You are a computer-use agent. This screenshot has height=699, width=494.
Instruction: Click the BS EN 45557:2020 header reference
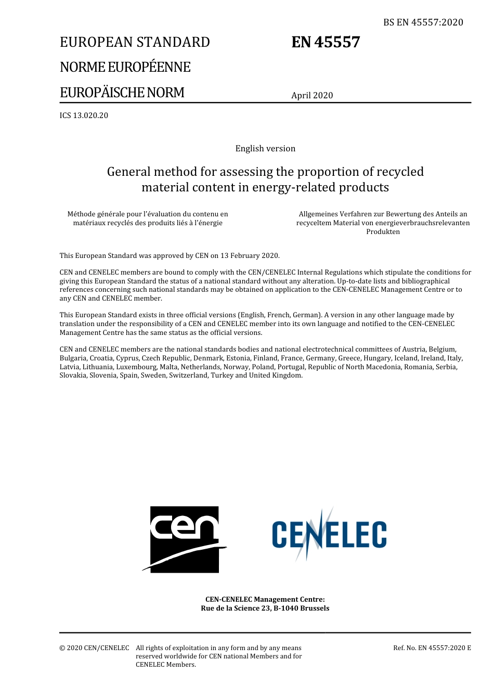coord(423,22)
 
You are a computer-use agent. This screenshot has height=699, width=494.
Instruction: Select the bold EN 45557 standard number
coord(326,42)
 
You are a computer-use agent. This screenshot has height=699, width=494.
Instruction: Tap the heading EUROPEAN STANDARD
coord(135,42)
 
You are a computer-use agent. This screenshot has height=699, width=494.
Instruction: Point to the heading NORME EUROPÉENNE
coord(125,67)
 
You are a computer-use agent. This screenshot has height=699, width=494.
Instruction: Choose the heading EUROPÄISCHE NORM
coord(122,93)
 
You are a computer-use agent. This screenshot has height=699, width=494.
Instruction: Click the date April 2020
coord(312,95)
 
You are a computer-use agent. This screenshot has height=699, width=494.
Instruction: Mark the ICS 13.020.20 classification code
coord(84,115)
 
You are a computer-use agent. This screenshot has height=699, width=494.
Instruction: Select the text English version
coord(265,149)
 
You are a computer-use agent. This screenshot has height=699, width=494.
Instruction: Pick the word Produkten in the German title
coord(383,232)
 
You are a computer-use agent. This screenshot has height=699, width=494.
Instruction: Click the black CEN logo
coord(185,539)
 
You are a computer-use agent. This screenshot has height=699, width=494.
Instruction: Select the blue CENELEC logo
coord(329,535)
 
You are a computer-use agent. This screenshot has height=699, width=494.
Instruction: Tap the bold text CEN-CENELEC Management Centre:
coord(265,600)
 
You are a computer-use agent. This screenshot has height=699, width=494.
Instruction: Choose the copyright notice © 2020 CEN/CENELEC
coord(94,648)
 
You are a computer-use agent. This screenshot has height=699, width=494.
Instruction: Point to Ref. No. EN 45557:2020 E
coord(432,648)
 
